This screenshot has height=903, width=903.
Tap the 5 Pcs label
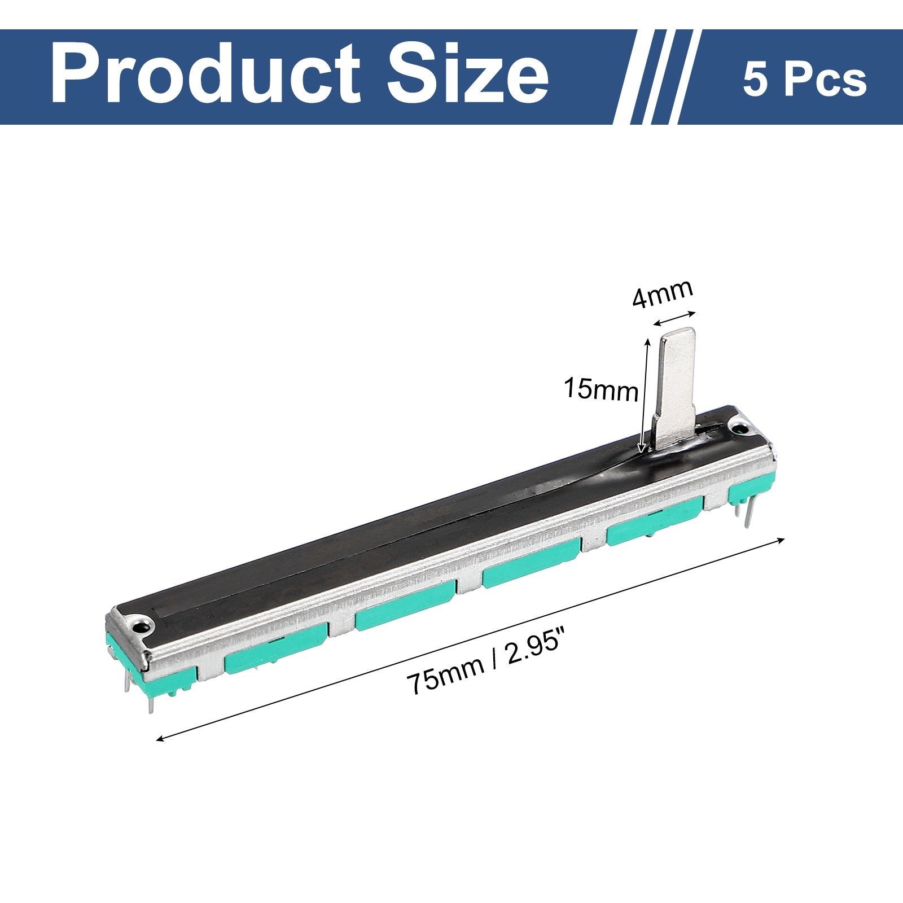click(x=804, y=80)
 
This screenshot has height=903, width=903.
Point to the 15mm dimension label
click(x=601, y=389)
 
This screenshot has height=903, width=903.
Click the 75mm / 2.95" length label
click(x=488, y=668)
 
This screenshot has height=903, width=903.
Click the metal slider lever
click(x=674, y=389)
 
